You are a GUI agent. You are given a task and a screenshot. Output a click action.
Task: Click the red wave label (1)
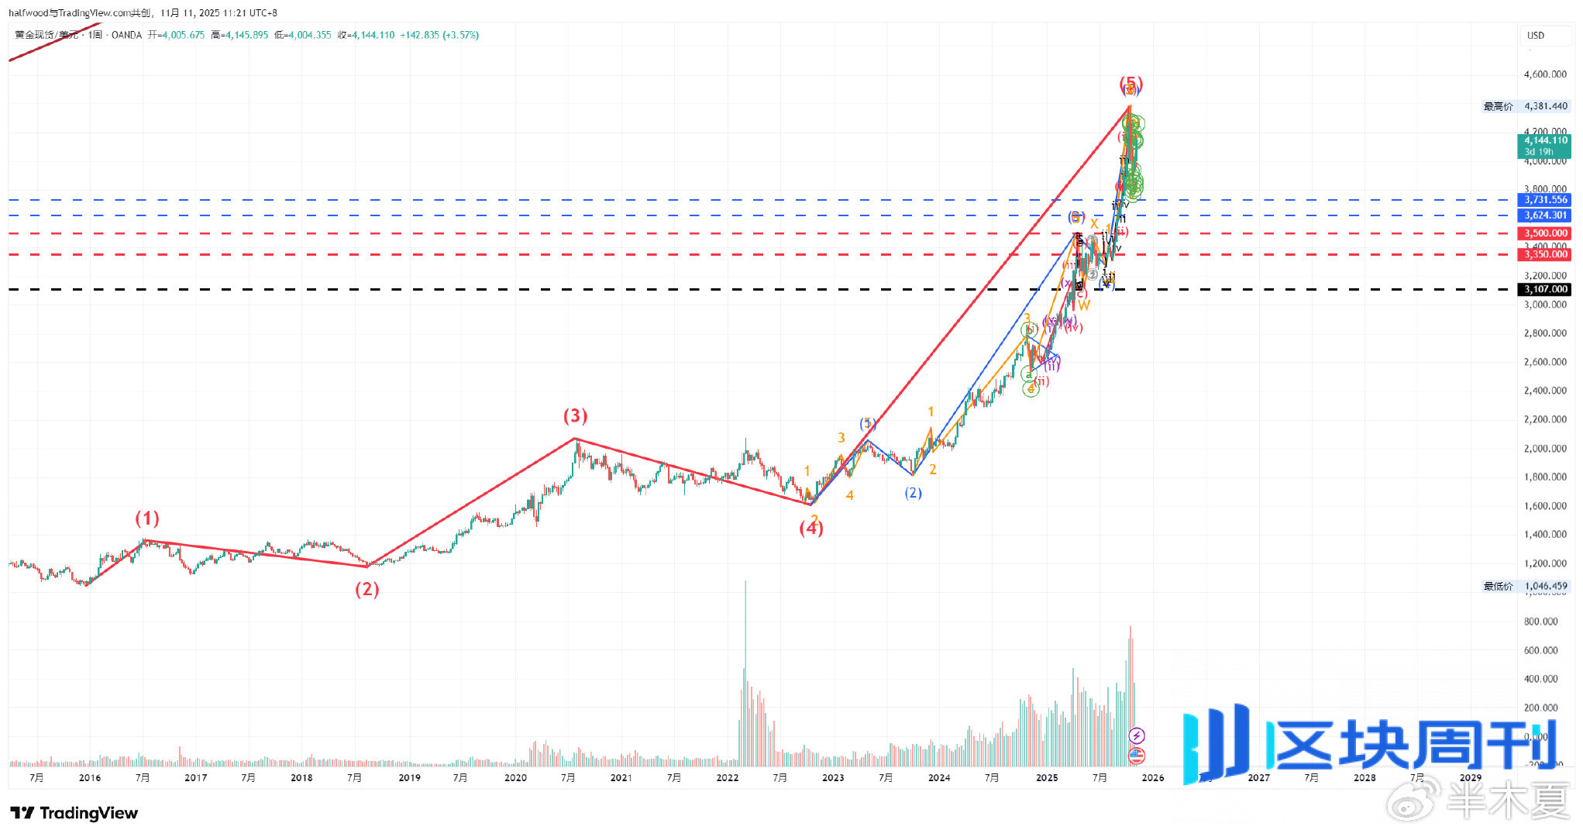(147, 518)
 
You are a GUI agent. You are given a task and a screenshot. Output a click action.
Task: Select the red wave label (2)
(367, 589)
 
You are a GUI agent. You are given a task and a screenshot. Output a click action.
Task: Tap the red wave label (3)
(575, 416)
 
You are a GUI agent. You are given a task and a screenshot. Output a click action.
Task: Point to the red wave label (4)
(811, 528)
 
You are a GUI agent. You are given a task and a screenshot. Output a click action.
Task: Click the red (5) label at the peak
(1130, 83)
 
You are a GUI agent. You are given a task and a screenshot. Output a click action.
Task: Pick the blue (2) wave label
(914, 493)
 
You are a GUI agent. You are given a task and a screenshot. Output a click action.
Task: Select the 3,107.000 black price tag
(1546, 289)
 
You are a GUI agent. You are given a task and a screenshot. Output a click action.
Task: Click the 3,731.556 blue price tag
(1546, 200)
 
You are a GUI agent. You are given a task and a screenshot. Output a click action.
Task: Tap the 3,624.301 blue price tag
(1546, 215)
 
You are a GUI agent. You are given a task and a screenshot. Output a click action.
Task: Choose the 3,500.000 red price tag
(1546, 233)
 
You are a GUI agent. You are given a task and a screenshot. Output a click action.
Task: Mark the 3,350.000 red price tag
(1546, 254)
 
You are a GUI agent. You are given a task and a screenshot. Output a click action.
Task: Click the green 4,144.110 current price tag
(1545, 141)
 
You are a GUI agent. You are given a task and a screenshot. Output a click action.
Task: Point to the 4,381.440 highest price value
(1545, 106)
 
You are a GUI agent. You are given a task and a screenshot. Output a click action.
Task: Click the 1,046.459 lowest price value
(1545, 586)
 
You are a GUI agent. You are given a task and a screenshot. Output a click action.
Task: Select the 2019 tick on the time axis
(409, 777)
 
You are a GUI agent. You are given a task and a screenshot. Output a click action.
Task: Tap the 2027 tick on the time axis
(1258, 777)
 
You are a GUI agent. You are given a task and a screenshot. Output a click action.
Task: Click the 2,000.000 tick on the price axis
(1545, 449)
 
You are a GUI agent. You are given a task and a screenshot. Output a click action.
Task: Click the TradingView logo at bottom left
(74, 813)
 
